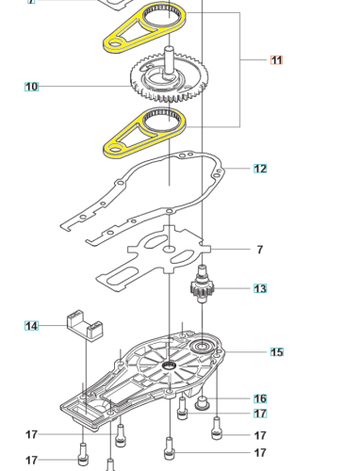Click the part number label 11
276,60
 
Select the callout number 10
31,87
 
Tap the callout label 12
260,169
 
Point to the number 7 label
260,250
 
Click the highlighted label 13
260,289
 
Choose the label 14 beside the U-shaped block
31,326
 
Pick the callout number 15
276,352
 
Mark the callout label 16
260,398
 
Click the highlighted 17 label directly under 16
260,414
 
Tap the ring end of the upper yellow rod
164,16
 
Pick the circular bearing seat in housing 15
203,349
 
